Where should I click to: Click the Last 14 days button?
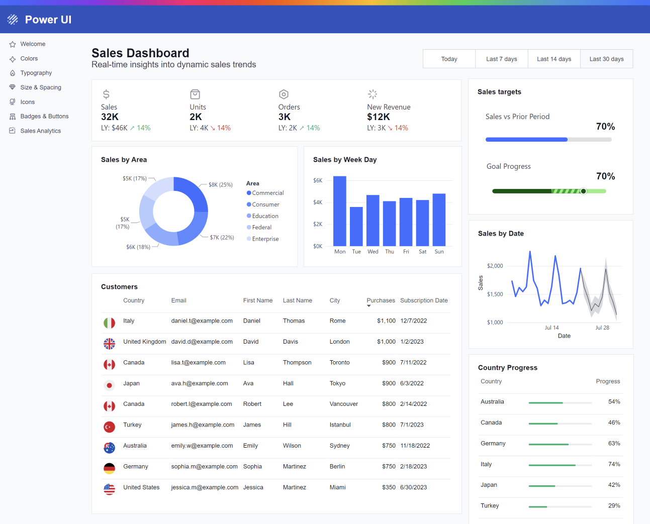(554, 59)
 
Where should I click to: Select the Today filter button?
(449, 59)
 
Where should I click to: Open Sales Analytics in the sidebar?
(40, 131)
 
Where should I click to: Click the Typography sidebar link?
(36, 73)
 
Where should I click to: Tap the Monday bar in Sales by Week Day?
(340, 211)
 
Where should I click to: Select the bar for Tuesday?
(356, 226)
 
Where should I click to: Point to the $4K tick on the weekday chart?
(318, 202)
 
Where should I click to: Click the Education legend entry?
(265, 216)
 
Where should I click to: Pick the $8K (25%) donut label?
(220, 185)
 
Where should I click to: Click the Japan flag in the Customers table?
(109, 385)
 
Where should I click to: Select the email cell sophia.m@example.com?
(204, 467)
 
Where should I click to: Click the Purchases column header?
(381, 300)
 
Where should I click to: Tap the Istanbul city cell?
(340, 425)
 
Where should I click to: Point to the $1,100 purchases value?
(386, 321)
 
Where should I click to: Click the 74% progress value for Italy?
(614, 464)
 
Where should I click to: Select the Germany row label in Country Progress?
(493, 444)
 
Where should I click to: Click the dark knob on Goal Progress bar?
(583, 191)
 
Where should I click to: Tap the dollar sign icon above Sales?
(106, 94)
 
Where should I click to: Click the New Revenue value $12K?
(378, 117)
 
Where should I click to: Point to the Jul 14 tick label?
(551, 328)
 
